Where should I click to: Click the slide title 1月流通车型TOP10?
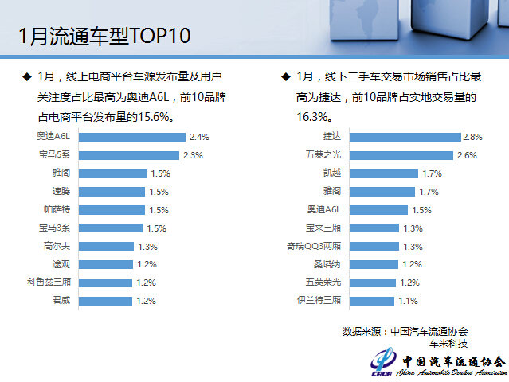(104, 37)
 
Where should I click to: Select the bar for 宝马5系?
(129, 155)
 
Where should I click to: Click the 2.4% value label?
(198, 137)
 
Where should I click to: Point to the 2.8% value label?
(473, 137)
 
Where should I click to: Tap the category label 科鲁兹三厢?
(49, 283)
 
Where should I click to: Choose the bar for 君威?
(108, 301)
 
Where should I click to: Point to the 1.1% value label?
(408, 301)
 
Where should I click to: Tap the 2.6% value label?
(466, 155)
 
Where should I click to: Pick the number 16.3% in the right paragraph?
(311, 116)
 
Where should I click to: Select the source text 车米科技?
(448, 343)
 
